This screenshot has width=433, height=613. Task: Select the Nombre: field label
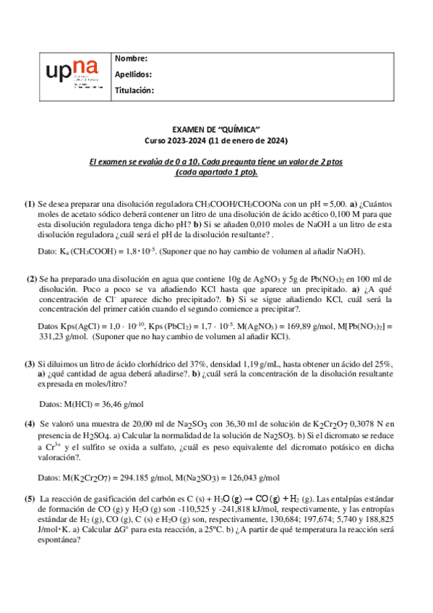[x=131, y=59]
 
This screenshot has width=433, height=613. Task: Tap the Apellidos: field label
[x=133, y=74]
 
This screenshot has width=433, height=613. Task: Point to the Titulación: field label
[x=134, y=90]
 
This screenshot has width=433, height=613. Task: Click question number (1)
[x=30, y=205]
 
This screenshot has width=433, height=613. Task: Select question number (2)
[x=32, y=278]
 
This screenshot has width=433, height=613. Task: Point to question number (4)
[x=30, y=424]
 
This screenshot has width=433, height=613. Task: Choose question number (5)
[x=30, y=498]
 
